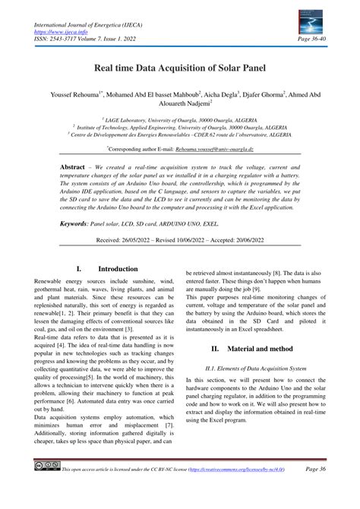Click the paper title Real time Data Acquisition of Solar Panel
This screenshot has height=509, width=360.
pos(180,68)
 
